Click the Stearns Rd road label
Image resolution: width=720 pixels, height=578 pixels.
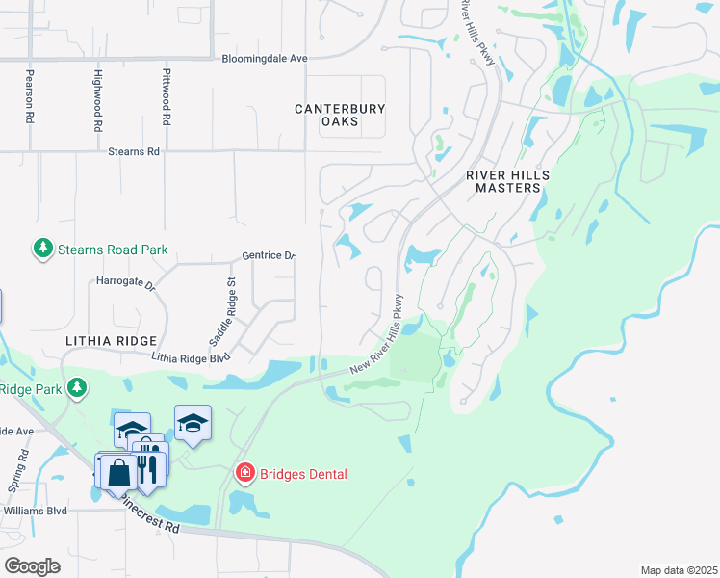tap(133, 151)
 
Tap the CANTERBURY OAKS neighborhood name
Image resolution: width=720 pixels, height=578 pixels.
tap(340, 116)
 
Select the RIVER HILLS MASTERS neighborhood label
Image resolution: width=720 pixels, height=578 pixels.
tap(508, 181)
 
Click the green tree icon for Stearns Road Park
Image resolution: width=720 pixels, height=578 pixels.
tap(42, 249)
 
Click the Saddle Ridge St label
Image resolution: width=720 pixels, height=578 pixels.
tap(222, 313)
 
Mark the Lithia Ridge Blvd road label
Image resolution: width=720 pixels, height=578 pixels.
tap(192, 356)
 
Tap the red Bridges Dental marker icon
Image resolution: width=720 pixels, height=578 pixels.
tap(245, 472)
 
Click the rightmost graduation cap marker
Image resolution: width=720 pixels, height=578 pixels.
tap(193, 422)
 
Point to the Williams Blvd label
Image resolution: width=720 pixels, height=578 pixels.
tap(37, 511)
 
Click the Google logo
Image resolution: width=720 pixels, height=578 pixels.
tap(32, 565)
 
